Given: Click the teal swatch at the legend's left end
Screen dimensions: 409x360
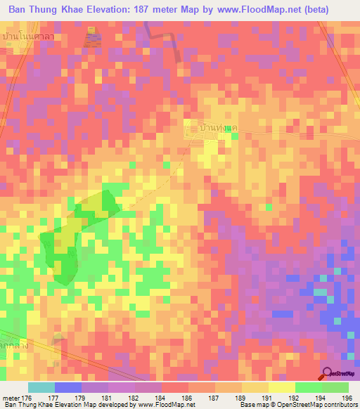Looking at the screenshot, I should pyautogui.click(x=41, y=387).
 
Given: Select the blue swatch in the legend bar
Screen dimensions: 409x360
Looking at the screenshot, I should pyautogui.click(x=68, y=387).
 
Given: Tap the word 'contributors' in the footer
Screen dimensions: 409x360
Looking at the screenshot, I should pyautogui.click(x=336, y=405).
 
